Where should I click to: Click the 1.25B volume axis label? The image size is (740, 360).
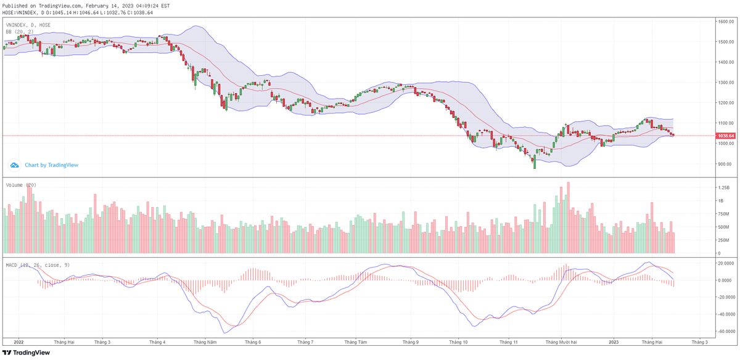click(723, 187)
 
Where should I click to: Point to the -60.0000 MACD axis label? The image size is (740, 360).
click(725, 331)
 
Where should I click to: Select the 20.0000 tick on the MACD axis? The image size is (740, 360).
click(725, 263)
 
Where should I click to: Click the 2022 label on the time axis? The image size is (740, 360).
click(18, 341)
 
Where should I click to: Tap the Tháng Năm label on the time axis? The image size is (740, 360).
click(205, 341)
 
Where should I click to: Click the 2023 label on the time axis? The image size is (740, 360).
click(614, 341)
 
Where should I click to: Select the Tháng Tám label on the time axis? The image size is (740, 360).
click(356, 341)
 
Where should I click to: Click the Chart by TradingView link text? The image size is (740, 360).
click(52, 165)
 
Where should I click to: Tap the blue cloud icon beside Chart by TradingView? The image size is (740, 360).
click(14, 165)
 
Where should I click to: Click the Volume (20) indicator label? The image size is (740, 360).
click(21, 184)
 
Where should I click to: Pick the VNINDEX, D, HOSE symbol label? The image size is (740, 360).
click(28, 25)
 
